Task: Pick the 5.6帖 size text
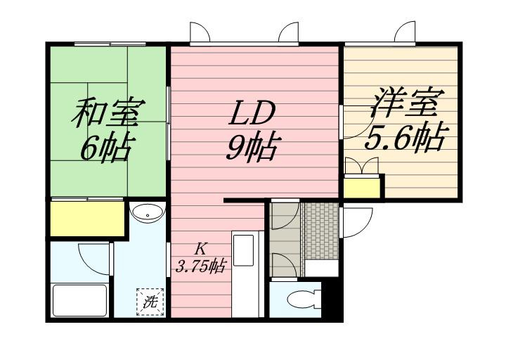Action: click(405, 139)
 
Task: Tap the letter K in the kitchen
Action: click(200, 247)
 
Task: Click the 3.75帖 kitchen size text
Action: click(200, 266)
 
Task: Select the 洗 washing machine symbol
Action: click(149, 302)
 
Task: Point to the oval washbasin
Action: click(146, 214)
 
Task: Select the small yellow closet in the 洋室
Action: click(363, 186)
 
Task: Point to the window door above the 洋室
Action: click(406, 34)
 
